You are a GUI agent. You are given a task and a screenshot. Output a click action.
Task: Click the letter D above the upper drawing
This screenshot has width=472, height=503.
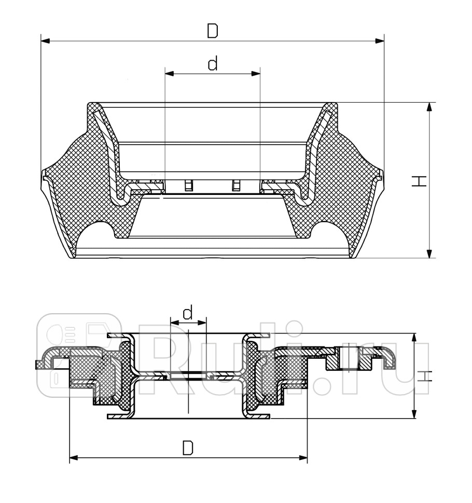click(212, 31)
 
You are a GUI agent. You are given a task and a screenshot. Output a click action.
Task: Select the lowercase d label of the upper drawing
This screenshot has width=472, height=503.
click(212, 64)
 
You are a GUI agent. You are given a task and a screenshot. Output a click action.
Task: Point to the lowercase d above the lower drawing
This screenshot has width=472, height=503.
click(188, 312)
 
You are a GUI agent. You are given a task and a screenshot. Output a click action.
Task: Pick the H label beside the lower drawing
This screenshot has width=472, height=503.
click(424, 376)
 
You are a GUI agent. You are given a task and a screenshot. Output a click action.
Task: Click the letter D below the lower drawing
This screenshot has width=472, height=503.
click(188, 447)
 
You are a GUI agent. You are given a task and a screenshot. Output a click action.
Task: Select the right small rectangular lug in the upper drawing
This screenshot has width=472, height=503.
click(236, 185)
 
